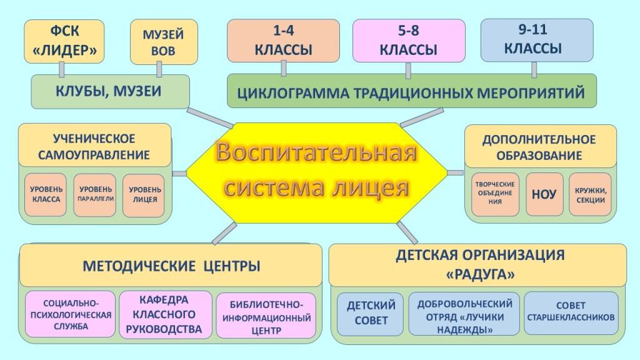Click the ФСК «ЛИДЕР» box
64,41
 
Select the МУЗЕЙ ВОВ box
164,42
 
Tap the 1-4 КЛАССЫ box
283,41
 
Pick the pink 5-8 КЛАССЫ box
409,41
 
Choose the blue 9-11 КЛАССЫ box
537,40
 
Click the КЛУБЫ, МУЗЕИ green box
110,91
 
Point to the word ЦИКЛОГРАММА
292,93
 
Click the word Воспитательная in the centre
316,152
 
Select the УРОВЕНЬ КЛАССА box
46,195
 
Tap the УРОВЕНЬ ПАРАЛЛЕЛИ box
95,195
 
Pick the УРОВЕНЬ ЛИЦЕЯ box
144,195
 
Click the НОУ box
544,194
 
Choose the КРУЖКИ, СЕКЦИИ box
590,194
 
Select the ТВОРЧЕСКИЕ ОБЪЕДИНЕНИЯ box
495,194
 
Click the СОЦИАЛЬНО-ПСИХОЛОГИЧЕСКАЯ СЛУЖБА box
71,314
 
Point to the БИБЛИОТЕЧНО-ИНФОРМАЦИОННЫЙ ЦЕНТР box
266,316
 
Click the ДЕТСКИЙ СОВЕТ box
370,314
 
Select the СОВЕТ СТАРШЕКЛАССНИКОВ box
571,313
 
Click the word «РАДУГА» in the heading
481,274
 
